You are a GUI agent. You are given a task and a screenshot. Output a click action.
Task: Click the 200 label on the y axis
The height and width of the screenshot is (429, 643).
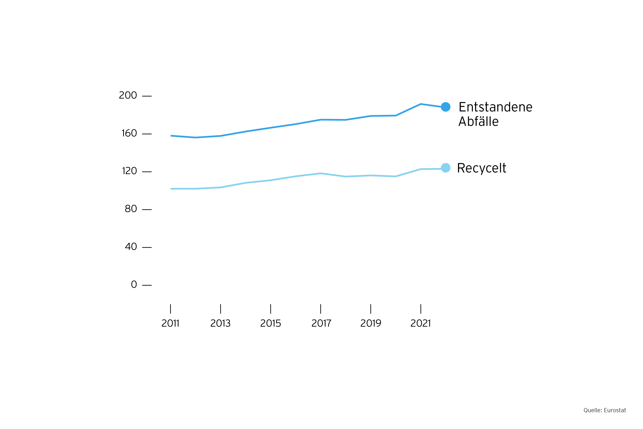128,95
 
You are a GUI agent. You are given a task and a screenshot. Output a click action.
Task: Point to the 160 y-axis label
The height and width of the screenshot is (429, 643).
129,133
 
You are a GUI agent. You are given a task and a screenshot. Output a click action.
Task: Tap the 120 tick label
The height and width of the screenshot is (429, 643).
129,171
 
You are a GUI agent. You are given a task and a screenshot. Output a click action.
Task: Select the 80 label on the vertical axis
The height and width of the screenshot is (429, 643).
131,209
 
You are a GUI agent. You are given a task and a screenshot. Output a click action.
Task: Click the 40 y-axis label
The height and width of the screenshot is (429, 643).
131,247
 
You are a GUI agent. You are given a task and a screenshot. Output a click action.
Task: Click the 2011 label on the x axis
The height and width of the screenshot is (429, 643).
170,323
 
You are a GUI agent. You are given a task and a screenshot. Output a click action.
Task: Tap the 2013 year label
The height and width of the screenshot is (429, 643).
220,323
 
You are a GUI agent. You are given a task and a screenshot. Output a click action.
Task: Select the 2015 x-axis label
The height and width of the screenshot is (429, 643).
270,323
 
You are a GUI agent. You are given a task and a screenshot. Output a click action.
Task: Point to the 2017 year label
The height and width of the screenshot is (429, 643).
321,323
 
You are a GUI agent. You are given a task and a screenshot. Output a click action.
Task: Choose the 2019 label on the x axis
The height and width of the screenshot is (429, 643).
371,323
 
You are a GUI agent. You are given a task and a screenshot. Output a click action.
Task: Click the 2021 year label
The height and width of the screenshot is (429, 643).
420,323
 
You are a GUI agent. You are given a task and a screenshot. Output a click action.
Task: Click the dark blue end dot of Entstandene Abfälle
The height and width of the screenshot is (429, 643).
446,107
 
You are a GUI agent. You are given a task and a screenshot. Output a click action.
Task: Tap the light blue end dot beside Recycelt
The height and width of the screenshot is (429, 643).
446,168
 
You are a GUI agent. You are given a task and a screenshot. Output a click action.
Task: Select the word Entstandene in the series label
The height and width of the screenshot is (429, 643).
495,107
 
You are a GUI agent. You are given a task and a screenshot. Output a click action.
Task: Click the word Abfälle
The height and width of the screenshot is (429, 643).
478,121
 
